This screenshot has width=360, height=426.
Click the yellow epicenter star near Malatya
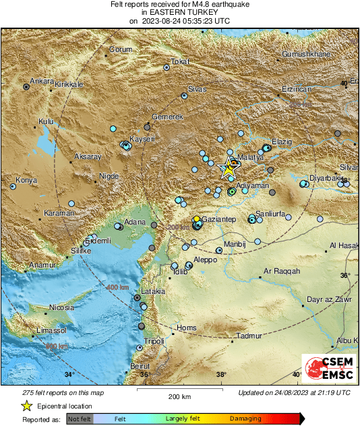(x=229, y=170)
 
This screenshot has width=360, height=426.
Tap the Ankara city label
(x=42, y=82)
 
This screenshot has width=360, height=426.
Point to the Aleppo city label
(x=206, y=260)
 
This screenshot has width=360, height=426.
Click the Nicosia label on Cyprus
(x=60, y=308)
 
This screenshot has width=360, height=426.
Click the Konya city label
(x=26, y=181)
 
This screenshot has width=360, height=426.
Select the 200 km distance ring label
(x=178, y=227)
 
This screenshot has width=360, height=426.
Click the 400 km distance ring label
(x=117, y=287)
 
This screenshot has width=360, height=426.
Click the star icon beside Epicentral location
(x=26, y=406)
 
